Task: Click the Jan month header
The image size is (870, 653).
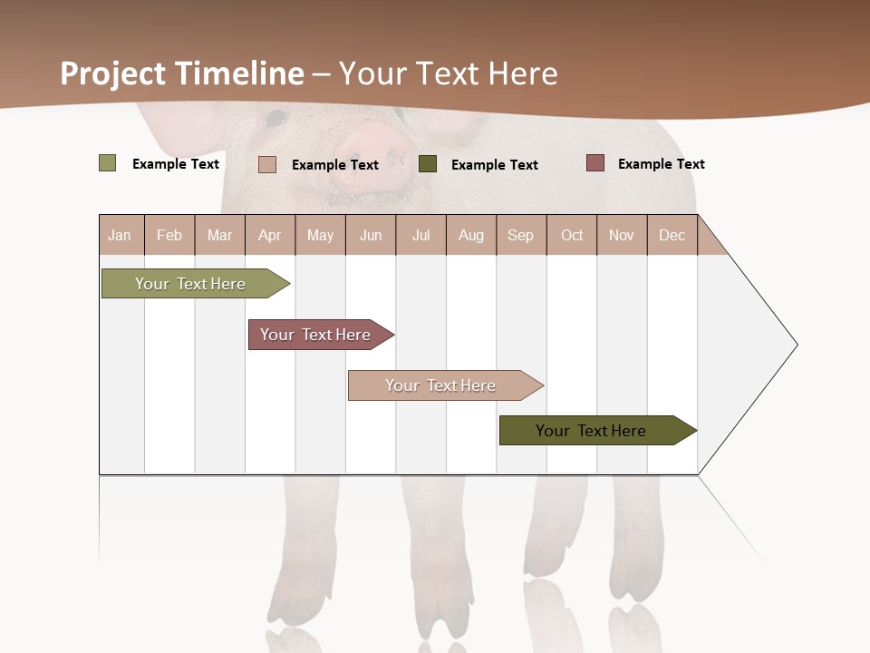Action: coord(121,235)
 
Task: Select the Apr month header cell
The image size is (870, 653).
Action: coord(270,235)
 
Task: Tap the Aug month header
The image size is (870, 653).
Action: coord(470,235)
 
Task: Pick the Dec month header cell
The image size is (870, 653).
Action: coord(672,235)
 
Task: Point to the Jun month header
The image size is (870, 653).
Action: coord(371,235)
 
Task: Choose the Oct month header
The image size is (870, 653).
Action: coord(572,235)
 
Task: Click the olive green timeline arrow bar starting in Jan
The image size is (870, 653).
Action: coord(191,284)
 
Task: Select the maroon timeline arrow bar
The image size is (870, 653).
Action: coord(316,335)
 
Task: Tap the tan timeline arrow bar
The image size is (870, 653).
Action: coord(441,385)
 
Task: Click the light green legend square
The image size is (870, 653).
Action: coord(108,163)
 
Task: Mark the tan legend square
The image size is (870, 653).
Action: coord(267,164)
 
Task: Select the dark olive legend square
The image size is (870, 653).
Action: coord(428,164)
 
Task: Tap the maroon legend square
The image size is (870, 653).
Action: coord(595,163)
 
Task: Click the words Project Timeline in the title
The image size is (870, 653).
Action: coord(182,73)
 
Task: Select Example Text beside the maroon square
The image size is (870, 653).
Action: coord(661,164)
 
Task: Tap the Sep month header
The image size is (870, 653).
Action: coord(521,235)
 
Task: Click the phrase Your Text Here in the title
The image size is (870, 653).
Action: coord(449,73)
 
